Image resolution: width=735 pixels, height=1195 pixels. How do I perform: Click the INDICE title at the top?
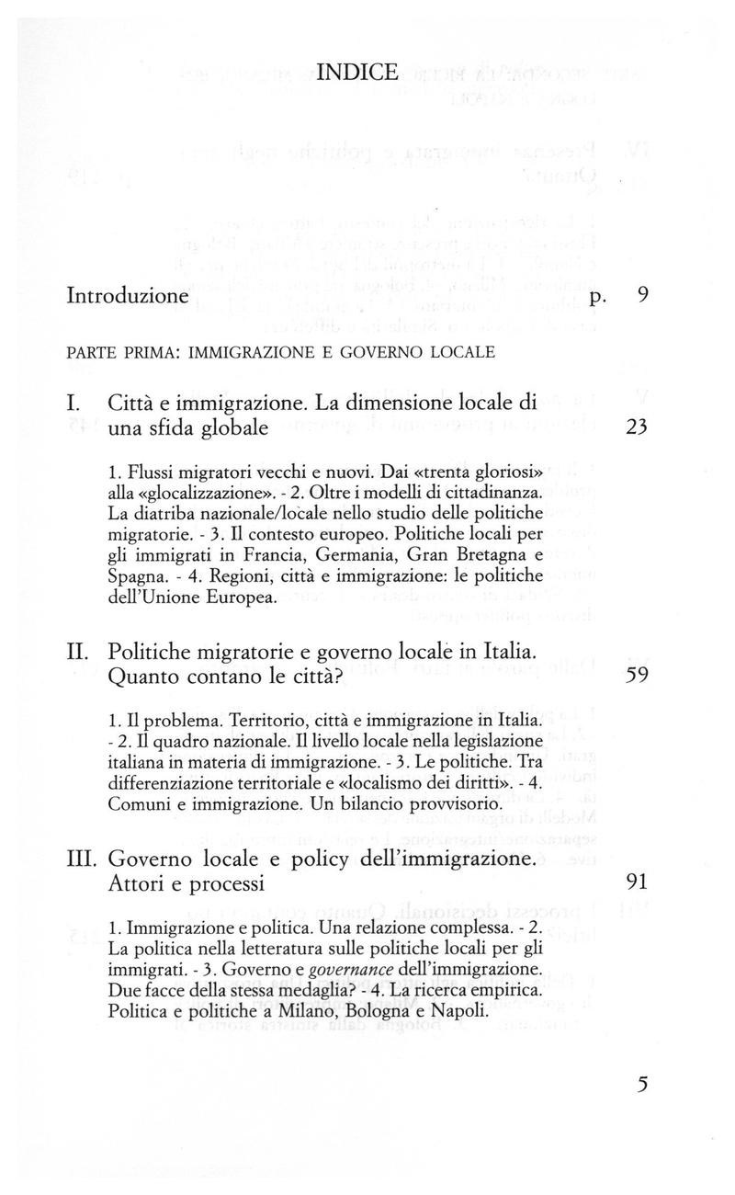point(367,71)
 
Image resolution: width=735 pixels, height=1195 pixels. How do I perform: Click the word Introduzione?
point(129,297)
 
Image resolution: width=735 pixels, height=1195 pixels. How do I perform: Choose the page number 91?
point(637,882)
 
